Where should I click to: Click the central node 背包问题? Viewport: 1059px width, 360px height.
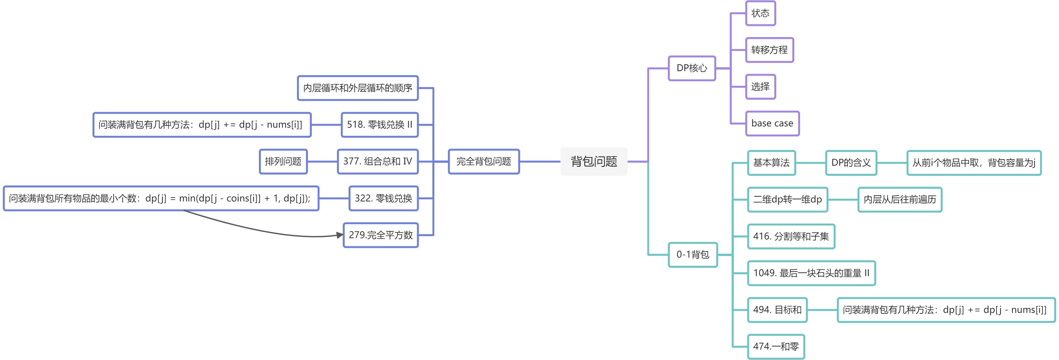[x=593, y=161]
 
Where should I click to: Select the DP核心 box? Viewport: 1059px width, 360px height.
[x=692, y=68]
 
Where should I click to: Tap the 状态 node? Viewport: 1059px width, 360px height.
[x=760, y=13]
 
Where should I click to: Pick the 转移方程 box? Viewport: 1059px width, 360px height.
[x=769, y=50]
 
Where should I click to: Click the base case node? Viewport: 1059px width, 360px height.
[x=772, y=123]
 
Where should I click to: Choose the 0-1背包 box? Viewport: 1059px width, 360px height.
[x=693, y=255]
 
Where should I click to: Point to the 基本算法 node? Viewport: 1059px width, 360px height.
[x=771, y=163]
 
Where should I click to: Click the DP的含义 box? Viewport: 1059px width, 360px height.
[x=851, y=163]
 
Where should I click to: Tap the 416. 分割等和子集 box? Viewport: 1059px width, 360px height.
[x=791, y=236]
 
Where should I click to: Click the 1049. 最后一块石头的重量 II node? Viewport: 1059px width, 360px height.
[x=811, y=273]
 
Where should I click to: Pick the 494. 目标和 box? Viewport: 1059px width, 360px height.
[x=777, y=310]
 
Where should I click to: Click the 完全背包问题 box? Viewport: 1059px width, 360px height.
[x=483, y=161]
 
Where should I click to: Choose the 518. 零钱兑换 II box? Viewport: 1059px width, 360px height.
[x=379, y=124]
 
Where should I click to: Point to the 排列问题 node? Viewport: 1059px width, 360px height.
[x=283, y=161]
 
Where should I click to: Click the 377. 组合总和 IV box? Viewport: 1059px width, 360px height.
[x=377, y=161]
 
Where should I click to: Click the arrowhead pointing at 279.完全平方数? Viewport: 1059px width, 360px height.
[x=339, y=235]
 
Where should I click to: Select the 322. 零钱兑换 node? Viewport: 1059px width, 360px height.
[x=383, y=199]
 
